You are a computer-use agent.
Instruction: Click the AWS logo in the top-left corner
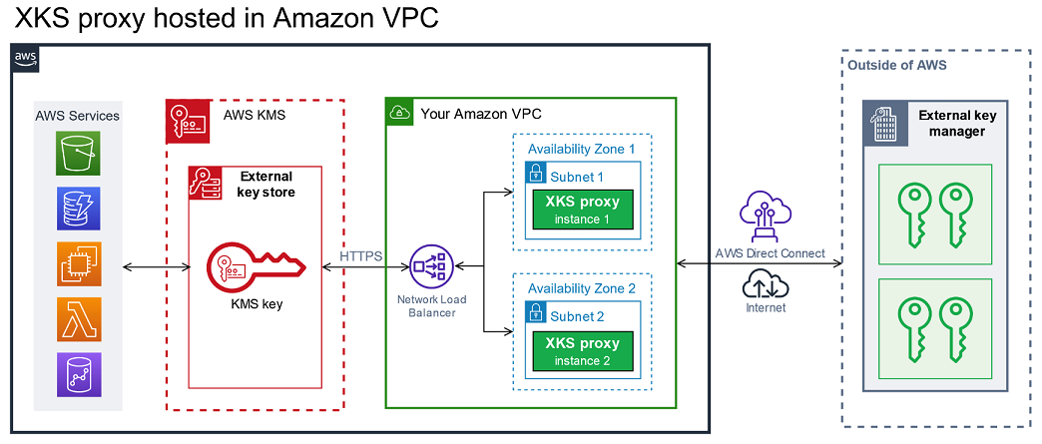coord(26,59)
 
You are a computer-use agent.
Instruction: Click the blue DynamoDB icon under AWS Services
coord(78,211)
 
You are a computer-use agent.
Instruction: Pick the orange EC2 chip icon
coord(78,264)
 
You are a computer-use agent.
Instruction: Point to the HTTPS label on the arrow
coord(360,256)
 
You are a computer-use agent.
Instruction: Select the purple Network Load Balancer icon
coord(432,267)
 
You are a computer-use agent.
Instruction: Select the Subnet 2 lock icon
coord(536,316)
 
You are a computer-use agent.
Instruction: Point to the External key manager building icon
coord(883,123)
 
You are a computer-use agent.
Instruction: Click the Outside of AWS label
coord(896,65)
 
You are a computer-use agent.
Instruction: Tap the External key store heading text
coord(265,185)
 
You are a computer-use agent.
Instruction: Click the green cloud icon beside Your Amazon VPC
coord(399,113)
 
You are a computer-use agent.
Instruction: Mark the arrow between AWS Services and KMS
coord(156,267)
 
